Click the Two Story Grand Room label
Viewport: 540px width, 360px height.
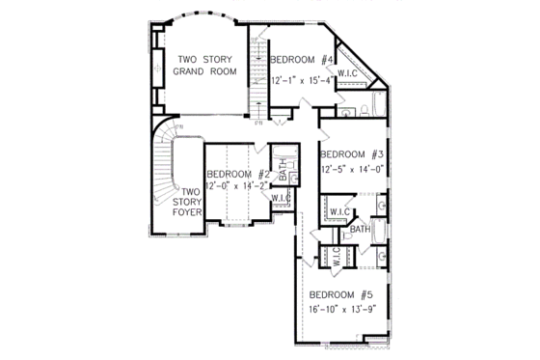point(204,66)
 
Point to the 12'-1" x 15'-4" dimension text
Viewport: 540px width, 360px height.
point(302,81)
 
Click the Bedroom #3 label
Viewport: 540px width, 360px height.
point(353,154)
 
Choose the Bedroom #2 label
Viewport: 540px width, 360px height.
point(235,174)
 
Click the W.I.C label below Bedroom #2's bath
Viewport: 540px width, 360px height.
point(281,199)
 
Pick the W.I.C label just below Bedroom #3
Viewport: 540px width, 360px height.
point(339,211)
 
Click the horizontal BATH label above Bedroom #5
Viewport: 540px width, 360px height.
point(360,230)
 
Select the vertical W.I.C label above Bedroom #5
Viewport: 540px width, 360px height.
point(337,257)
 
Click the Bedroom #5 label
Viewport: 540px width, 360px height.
point(340,294)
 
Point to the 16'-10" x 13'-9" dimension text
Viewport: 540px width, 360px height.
point(340,310)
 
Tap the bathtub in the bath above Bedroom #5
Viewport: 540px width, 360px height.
point(377,232)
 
